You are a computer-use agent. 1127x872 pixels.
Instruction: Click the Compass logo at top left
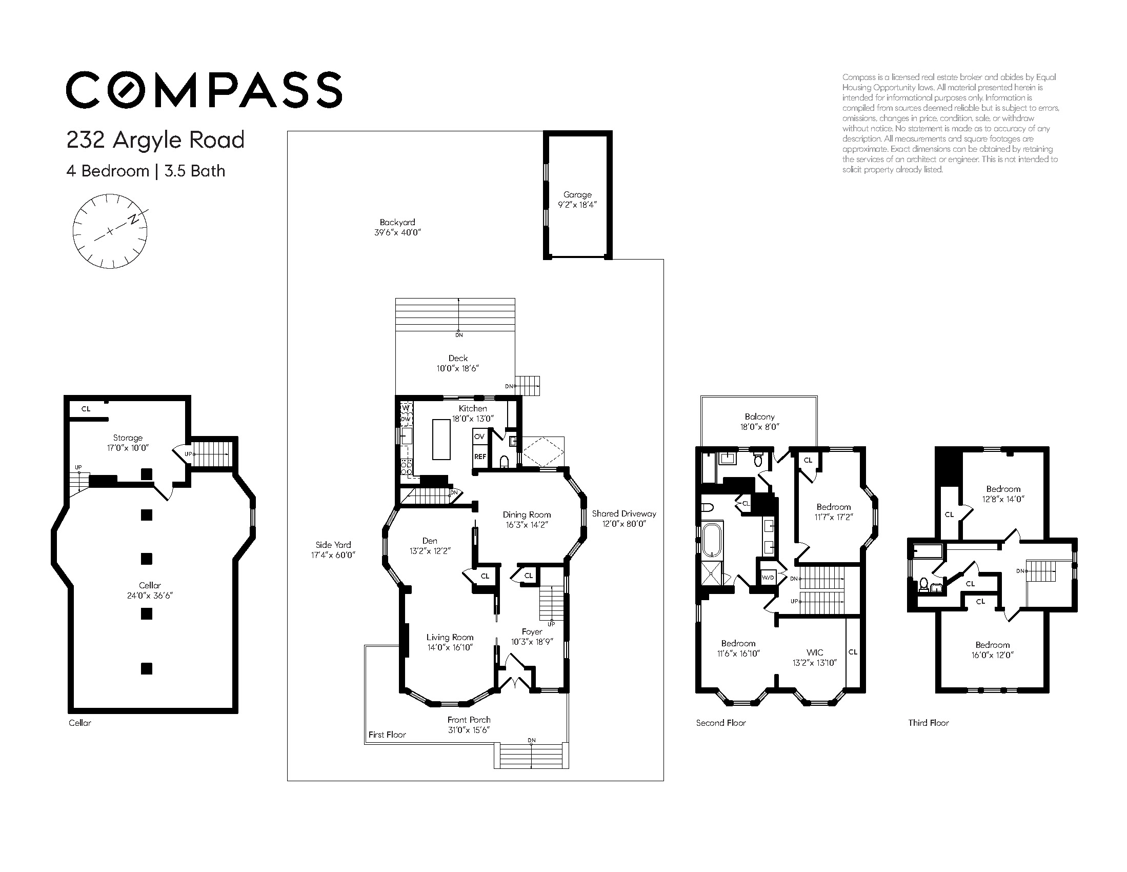tap(204, 90)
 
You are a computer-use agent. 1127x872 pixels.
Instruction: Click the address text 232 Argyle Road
tap(155, 140)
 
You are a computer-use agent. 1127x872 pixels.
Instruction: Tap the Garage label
tap(577, 194)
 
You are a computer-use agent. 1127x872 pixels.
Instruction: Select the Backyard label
tap(397, 223)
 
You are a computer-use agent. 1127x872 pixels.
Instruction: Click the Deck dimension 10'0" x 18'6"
tap(458, 369)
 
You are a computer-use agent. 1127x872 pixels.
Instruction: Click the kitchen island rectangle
tap(441, 440)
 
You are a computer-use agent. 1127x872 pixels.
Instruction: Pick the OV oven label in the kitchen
tap(479, 437)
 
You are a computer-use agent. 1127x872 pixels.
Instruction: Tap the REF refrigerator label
tap(480, 457)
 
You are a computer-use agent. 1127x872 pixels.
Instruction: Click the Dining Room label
tap(527, 514)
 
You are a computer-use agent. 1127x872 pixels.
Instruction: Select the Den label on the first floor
tap(430, 541)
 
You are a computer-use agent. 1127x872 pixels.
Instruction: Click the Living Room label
tap(450, 638)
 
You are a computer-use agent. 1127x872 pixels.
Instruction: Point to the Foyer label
tap(532, 632)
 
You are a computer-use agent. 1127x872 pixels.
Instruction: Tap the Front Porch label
tap(469, 720)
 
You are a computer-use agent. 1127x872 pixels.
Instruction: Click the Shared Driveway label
tap(624, 513)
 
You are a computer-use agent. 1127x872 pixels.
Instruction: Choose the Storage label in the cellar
tap(128, 438)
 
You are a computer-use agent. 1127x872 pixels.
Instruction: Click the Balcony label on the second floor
tap(759, 417)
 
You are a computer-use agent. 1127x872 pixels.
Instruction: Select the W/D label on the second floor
tap(769, 578)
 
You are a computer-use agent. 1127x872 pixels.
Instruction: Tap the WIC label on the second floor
tap(815, 652)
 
